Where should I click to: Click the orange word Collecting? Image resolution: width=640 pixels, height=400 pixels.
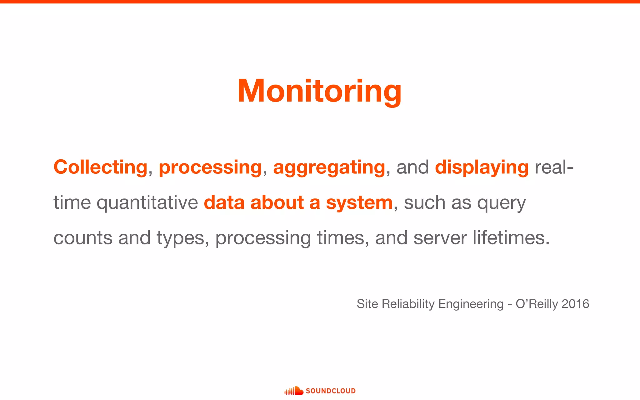click(x=100, y=167)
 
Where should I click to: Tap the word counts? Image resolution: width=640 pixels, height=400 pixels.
click(x=83, y=238)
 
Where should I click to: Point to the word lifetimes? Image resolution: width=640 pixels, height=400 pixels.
click(x=511, y=238)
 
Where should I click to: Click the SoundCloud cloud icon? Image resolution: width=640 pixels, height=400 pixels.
click(x=294, y=391)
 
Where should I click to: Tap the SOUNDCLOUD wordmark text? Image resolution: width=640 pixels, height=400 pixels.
click(x=331, y=391)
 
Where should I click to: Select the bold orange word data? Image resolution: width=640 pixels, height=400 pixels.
click(x=224, y=202)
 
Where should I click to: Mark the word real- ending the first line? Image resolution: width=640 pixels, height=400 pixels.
click(x=554, y=167)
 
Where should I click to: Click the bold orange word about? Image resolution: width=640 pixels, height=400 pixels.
click(x=277, y=202)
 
